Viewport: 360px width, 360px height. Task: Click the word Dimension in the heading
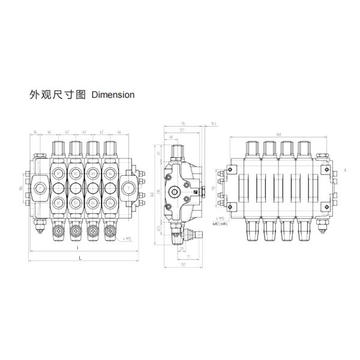coord(113,95)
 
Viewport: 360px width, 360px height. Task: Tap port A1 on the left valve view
coord(58,173)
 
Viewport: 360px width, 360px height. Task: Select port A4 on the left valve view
coord(110,173)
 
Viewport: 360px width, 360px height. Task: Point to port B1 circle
coord(58,202)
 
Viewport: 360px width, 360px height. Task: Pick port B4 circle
coord(110,202)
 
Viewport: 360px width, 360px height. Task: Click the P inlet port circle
coord(40,188)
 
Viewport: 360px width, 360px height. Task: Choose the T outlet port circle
coord(129,188)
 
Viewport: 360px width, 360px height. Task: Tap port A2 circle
coord(76,173)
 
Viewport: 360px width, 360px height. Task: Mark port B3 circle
coord(93,202)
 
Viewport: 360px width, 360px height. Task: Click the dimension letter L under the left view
coord(80,257)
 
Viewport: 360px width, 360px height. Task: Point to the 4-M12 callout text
coord(126,239)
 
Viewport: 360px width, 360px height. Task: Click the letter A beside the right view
coord(346,170)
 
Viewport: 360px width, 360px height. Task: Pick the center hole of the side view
coord(176,192)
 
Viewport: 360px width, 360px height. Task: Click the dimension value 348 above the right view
coord(279,133)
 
